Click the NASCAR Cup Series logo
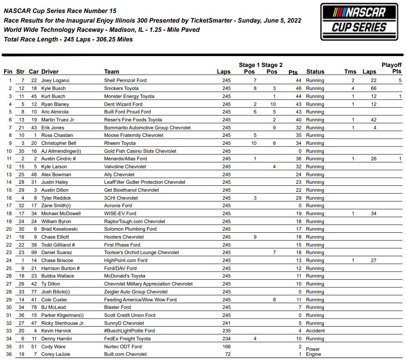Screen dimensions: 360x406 (359, 22)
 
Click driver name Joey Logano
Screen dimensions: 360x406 (55, 80)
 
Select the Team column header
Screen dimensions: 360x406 (111, 72)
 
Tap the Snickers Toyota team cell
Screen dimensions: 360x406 (121, 88)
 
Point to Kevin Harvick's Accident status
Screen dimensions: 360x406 (315, 331)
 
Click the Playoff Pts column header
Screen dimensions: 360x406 (391, 68)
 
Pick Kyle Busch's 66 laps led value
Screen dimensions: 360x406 (373, 88)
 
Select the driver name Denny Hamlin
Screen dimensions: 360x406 (57, 339)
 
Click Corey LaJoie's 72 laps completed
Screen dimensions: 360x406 (227, 354)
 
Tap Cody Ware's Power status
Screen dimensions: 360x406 (313, 349)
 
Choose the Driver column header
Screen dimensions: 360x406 (50, 72)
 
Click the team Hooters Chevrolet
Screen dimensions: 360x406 (124, 237)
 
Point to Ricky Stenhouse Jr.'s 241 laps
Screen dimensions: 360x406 (227, 323)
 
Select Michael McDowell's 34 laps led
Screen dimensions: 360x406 (373, 213)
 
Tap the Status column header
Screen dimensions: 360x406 (315, 72)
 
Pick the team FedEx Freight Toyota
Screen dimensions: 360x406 (127, 339)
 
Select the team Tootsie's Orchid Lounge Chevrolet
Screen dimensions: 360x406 (141, 252)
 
